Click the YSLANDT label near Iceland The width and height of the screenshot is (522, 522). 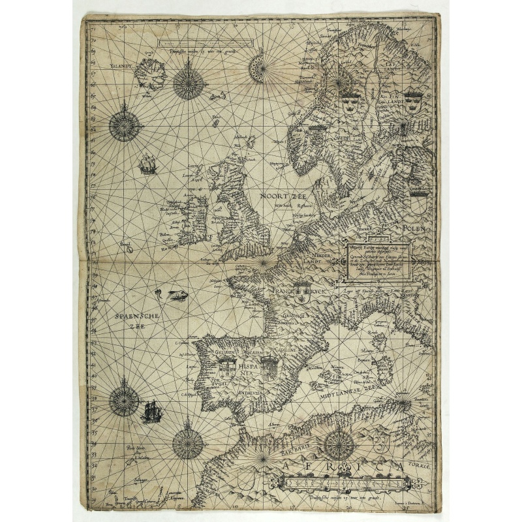click(121, 67)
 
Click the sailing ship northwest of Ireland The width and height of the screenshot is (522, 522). click(148, 164)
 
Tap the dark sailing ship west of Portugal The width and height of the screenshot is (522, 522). click(151, 412)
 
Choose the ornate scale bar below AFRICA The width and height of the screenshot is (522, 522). click(346, 484)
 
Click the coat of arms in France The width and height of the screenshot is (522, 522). click(301, 293)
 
